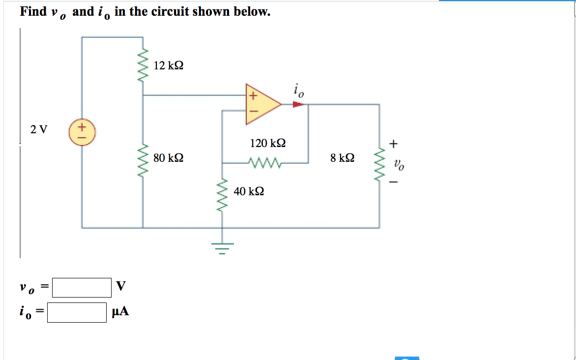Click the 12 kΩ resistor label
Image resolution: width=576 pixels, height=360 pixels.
pos(168,65)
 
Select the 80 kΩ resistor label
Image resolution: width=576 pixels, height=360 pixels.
pos(168,158)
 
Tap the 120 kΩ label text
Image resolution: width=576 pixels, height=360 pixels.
pos(267,143)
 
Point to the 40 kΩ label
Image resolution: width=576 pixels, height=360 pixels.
pos(249,191)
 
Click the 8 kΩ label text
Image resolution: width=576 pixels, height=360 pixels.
pos(342,158)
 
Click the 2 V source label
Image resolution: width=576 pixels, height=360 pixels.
pos(39,130)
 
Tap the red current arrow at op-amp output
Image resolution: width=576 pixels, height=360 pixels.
pos(298,104)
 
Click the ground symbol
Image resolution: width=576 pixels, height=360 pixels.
pos(221,248)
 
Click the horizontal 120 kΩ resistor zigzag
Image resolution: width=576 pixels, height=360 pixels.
pos(265,162)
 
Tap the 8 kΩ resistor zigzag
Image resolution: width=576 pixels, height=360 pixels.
pos(379,163)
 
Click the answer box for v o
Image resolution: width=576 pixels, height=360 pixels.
pos(82,288)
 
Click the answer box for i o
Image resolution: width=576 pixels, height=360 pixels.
pos(77,312)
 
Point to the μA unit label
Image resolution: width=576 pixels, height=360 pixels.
pos(120,311)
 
